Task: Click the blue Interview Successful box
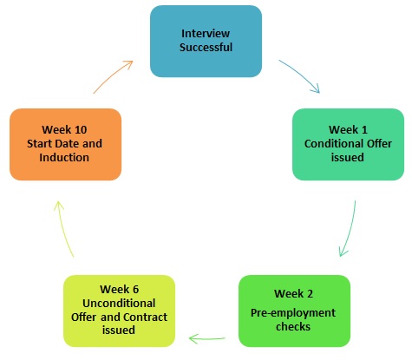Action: click(x=206, y=41)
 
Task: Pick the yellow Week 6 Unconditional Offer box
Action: click(x=119, y=311)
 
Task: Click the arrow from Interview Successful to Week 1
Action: click(x=300, y=75)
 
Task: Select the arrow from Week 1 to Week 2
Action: click(x=349, y=230)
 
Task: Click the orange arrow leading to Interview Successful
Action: click(x=113, y=75)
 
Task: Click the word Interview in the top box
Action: click(x=206, y=34)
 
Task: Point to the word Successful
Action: click(x=206, y=48)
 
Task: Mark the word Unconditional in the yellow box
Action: click(x=119, y=304)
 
